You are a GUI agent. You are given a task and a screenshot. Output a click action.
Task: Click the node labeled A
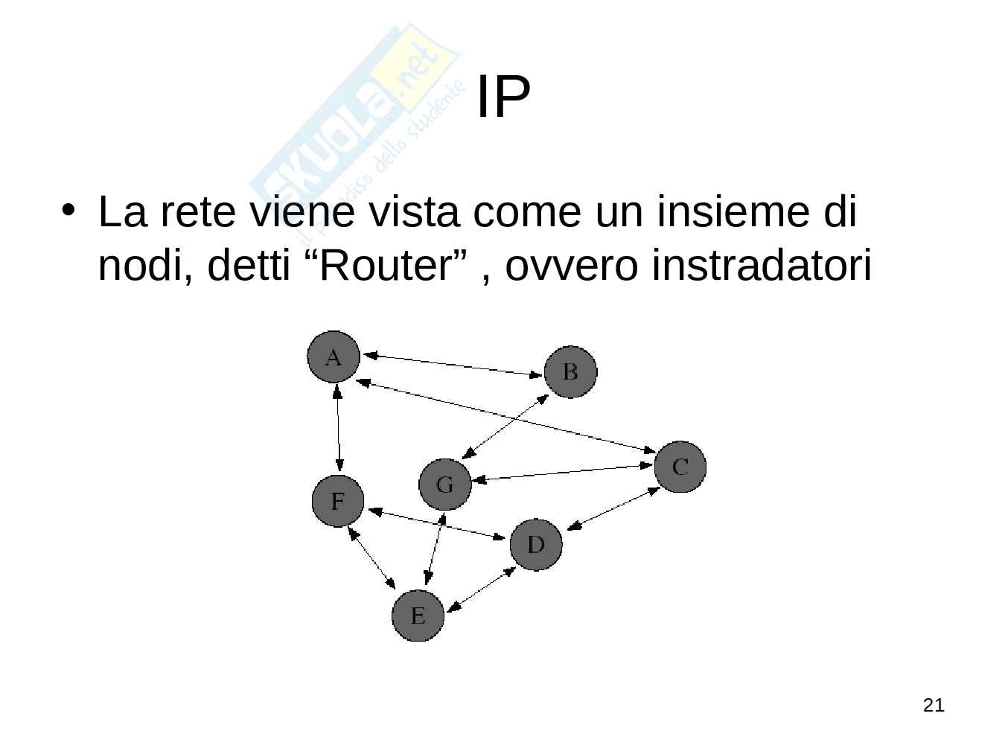[x=334, y=357]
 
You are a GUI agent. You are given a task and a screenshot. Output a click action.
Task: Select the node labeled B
[x=570, y=371]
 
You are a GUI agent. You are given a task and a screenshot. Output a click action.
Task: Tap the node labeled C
[x=680, y=467]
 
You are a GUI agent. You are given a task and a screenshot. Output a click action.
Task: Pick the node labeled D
[x=536, y=545]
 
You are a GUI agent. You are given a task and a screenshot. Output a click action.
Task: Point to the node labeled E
[x=418, y=616]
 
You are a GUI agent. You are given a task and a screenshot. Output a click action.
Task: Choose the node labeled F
[x=338, y=501]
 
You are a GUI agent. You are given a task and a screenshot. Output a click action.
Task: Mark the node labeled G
[x=444, y=485]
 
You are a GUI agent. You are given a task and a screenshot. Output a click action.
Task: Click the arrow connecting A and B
[x=452, y=365]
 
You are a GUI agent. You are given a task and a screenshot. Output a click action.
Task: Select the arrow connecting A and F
[x=339, y=429]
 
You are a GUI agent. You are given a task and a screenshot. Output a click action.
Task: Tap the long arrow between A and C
[x=506, y=417]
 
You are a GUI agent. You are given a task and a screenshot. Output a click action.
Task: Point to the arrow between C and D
[x=613, y=509]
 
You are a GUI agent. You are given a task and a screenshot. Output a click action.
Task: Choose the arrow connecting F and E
[x=371, y=557]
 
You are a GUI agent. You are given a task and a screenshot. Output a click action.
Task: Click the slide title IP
[x=502, y=97]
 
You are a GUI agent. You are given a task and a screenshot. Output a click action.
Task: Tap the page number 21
[x=933, y=705]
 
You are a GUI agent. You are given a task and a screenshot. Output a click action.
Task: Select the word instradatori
[x=760, y=266]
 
